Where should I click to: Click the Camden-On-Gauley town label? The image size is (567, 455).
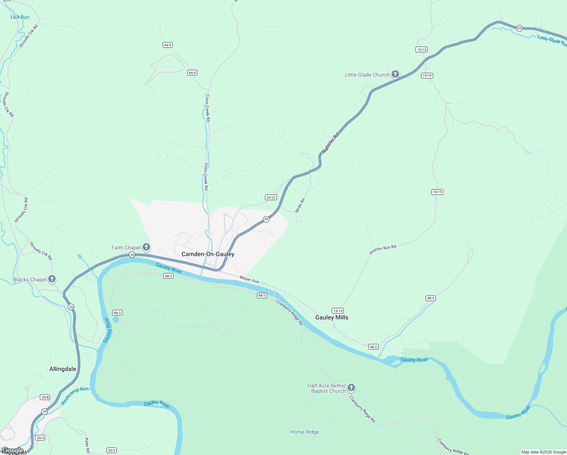(x=208, y=254)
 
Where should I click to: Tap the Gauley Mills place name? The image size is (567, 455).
(x=332, y=317)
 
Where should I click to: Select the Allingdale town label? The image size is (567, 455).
(x=63, y=369)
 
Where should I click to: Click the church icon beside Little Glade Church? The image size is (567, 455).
(x=395, y=74)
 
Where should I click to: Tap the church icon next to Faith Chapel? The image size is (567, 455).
(x=146, y=247)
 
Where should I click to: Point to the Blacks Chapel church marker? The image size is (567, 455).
(x=52, y=279)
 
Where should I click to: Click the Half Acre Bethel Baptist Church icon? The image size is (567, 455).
(x=351, y=388)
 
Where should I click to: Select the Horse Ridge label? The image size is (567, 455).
(x=305, y=432)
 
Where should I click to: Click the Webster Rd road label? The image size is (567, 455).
(x=330, y=143)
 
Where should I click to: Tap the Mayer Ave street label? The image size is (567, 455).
(x=249, y=280)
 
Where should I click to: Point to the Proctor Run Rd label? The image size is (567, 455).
(x=383, y=250)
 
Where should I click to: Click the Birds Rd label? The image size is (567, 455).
(x=300, y=205)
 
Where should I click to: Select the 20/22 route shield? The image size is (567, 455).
(x=271, y=198)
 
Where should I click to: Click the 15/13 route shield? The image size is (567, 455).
(x=421, y=50)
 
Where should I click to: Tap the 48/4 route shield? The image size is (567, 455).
(x=431, y=298)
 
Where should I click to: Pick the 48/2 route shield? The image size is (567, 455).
(x=373, y=347)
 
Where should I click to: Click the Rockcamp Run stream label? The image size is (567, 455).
(x=75, y=395)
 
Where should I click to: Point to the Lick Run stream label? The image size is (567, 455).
(x=20, y=17)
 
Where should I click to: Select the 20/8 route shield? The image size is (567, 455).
(x=45, y=397)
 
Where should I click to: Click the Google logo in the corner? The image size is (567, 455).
(x=13, y=450)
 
